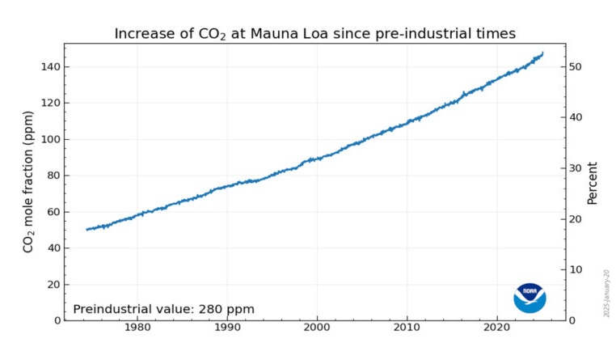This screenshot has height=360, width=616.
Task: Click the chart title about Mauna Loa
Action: coord(314,33)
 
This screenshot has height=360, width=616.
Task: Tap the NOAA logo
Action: coord(530,298)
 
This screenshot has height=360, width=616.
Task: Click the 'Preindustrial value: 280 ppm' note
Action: coord(163,309)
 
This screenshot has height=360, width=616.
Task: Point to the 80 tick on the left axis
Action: coord(51,176)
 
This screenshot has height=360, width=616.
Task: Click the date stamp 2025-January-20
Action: coord(605,292)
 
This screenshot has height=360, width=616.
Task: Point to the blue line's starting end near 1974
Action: coord(87,230)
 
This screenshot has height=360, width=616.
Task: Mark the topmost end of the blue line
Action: coord(542,53)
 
